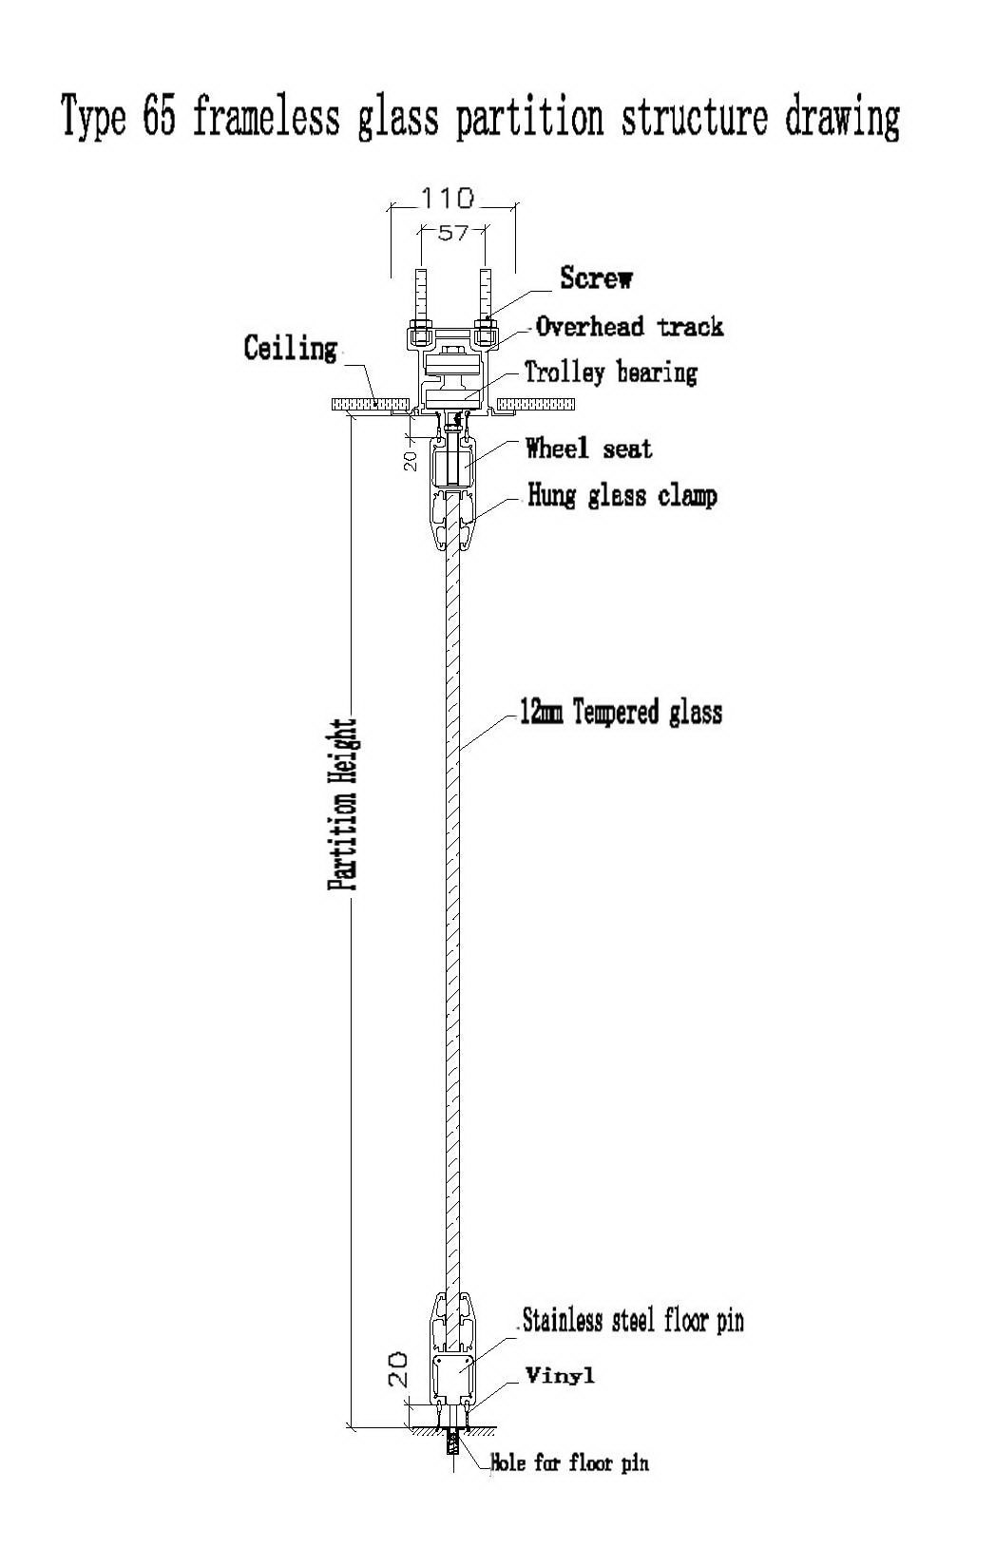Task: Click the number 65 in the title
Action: [160, 115]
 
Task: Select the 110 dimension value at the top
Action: [448, 199]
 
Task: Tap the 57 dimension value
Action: [453, 234]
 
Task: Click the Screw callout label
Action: [596, 277]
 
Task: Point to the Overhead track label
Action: [629, 326]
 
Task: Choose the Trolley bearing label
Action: [611, 372]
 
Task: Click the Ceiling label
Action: [290, 348]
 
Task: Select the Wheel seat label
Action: [588, 449]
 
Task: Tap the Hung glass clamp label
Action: [622, 496]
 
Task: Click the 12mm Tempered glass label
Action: [621, 712]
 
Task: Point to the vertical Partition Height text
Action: [343, 804]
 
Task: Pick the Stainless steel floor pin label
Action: [633, 1320]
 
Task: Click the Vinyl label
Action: [560, 1375]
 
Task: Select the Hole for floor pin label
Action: [569, 1462]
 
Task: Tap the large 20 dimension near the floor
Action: [398, 1368]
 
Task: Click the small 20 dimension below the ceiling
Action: [411, 461]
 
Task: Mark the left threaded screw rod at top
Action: [420, 294]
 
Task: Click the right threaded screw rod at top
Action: [486, 294]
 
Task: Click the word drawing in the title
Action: [842, 118]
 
